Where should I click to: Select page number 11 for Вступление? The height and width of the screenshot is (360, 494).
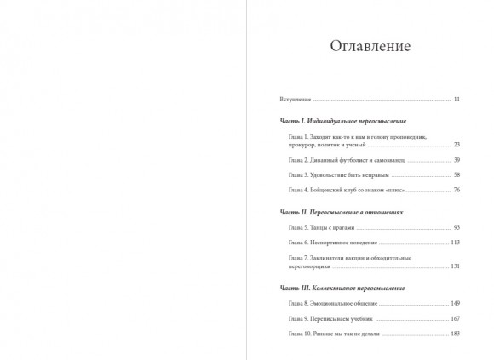point(457,100)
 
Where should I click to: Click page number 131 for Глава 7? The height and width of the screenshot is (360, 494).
point(455,266)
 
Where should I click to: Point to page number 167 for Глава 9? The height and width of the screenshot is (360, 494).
point(455,318)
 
